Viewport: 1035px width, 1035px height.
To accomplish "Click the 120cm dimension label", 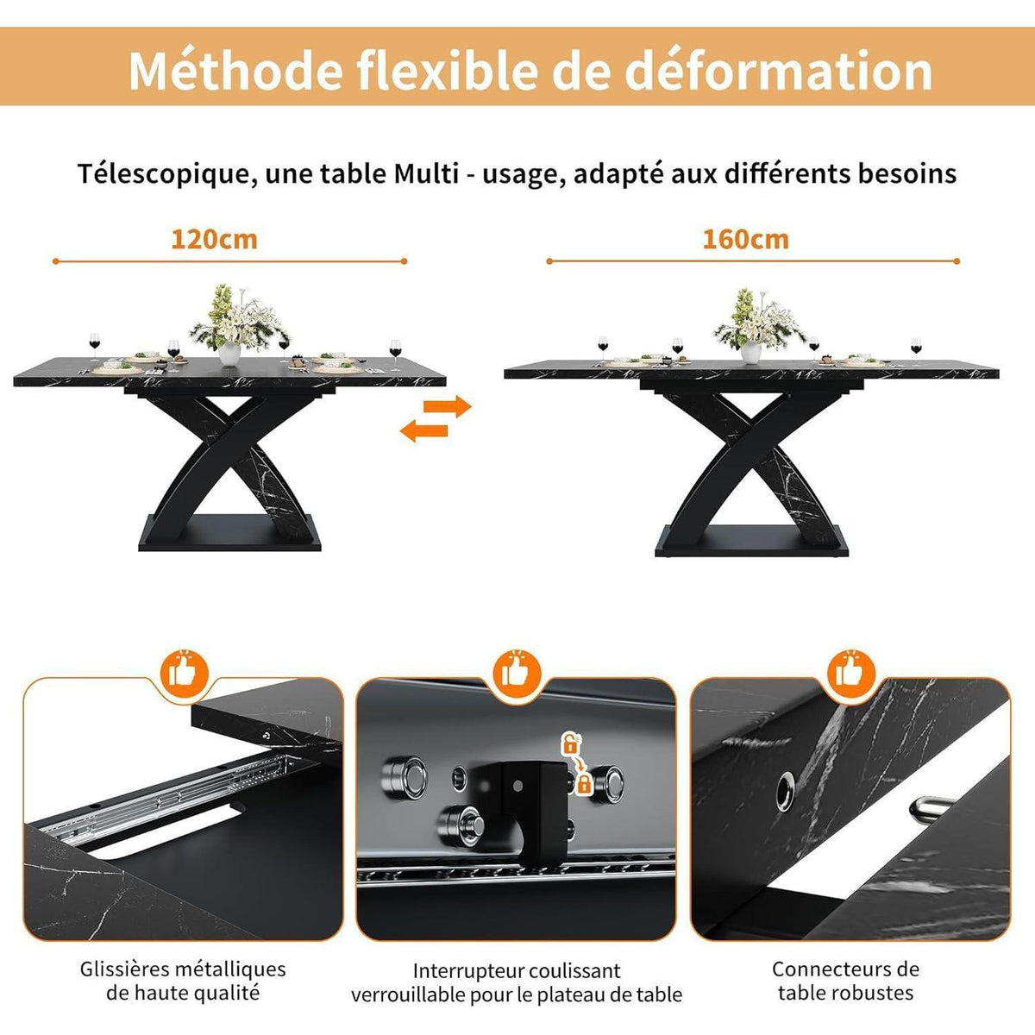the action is coord(214,240).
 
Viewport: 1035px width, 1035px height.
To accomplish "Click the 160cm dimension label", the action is coord(745,240).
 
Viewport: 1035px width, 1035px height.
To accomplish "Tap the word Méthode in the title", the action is coord(235,71).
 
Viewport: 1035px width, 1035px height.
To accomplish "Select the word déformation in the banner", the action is coord(778,71).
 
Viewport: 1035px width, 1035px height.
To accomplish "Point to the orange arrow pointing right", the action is coord(448,406).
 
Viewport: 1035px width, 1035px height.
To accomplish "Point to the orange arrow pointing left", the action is coord(423,430).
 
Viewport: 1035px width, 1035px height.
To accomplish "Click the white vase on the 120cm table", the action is coord(229,354).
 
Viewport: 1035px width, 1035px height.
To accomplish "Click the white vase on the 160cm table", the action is coord(751,353).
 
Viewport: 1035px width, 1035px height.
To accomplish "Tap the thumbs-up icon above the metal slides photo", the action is coord(185,672).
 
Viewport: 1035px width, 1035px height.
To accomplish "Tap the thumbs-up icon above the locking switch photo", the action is coord(517,672).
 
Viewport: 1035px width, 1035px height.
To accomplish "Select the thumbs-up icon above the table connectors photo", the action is coord(851,672).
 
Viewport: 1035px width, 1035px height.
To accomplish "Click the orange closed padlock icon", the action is coord(583,785).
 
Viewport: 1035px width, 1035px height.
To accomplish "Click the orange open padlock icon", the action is coord(568,743).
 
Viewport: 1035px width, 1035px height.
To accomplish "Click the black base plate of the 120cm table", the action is coord(229,532).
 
